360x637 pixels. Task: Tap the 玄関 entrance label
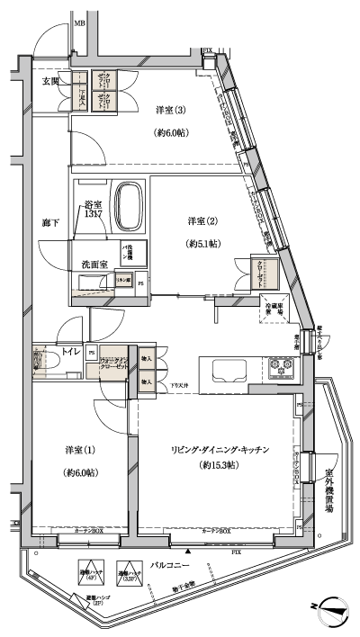[x=50, y=82]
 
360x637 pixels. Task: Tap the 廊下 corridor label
[x=50, y=222]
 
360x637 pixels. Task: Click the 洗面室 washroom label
[x=90, y=264]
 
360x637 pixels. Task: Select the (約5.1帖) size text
[x=205, y=243]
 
